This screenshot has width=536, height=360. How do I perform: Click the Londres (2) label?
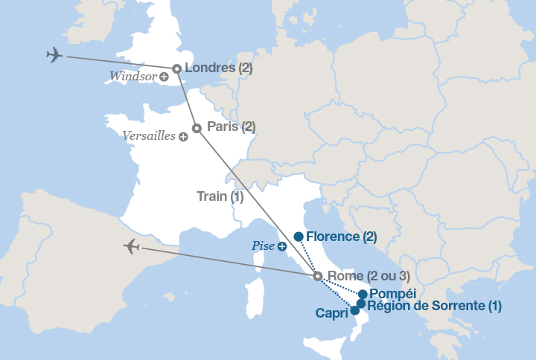point(217,68)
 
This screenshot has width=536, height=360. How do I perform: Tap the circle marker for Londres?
point(177,69)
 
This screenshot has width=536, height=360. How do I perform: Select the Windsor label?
point(133,76)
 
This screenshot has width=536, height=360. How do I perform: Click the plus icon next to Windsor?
point(164,77)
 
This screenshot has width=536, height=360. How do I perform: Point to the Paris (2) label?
point(231,126)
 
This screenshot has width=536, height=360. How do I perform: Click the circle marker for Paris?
point(197,128)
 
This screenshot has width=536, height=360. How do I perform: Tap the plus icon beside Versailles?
point(183,137)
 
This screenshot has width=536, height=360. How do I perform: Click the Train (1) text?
point(220,197)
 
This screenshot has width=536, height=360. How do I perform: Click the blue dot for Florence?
point(299,237)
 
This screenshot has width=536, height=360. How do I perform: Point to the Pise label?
point(264,246)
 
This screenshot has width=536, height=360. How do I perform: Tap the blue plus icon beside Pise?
point(283,247)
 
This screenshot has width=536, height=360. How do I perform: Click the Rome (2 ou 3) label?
point(368,277)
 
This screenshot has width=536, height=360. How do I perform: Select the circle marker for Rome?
point(318,277)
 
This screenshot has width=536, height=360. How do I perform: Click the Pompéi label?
point(392,294)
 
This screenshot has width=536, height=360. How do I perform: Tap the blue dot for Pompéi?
point(363,294)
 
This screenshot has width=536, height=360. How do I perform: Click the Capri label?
point(331,313)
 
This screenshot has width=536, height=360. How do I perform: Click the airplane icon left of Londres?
point(54,55)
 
